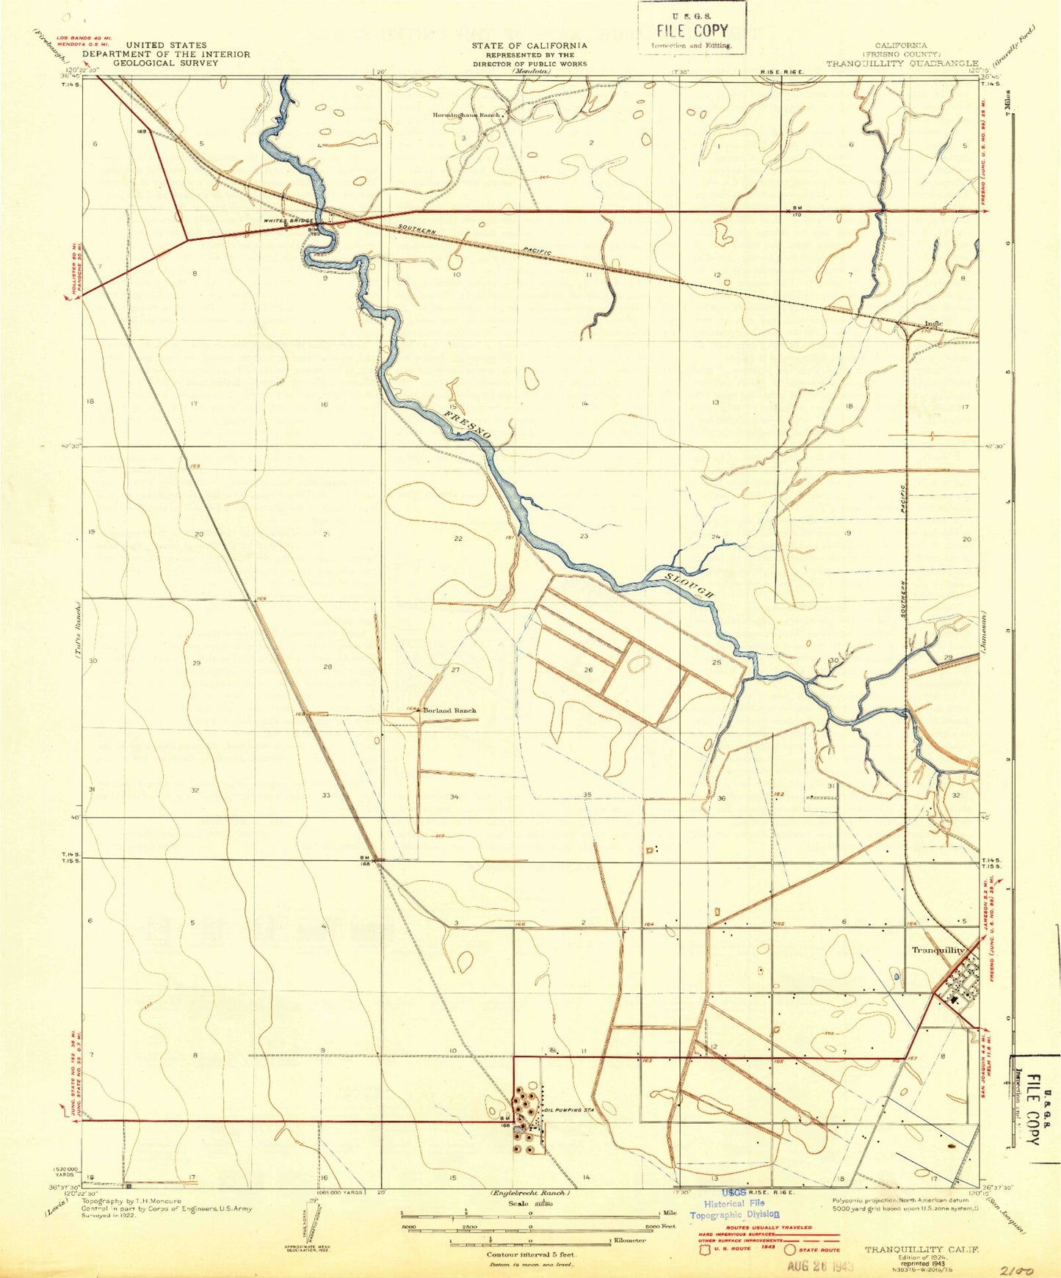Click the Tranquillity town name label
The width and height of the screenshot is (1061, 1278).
938,950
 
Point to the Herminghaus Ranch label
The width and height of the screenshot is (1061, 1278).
466,115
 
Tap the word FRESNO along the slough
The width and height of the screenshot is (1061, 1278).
467,426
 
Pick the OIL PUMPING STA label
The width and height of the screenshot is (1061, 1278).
568,1110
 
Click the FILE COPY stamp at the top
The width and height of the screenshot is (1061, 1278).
691,30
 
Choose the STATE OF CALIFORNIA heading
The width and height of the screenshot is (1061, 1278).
529,46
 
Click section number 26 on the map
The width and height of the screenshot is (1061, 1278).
588,669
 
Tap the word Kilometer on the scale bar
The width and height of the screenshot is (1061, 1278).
630,1241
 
